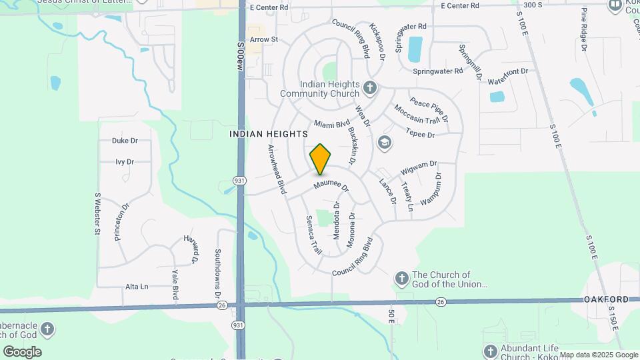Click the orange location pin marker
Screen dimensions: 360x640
click(321, 159)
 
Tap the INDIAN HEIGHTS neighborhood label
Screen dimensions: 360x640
click(269, 134)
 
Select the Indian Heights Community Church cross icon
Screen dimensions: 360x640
click(370, 88)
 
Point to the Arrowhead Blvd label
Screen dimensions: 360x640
click(277, 169)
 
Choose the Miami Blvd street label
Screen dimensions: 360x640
click(332, 125)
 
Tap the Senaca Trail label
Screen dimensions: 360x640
click(313, 235)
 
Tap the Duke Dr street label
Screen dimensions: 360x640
click(125, 141)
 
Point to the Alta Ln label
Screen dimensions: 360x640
click(137, 287)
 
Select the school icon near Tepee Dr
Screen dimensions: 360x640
click(384, 142)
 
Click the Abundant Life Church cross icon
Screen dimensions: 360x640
click(490, 351)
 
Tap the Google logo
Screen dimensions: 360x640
click(22, 352)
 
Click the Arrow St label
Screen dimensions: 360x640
click(263, 40)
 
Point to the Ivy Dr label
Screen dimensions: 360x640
click(125, 162)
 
